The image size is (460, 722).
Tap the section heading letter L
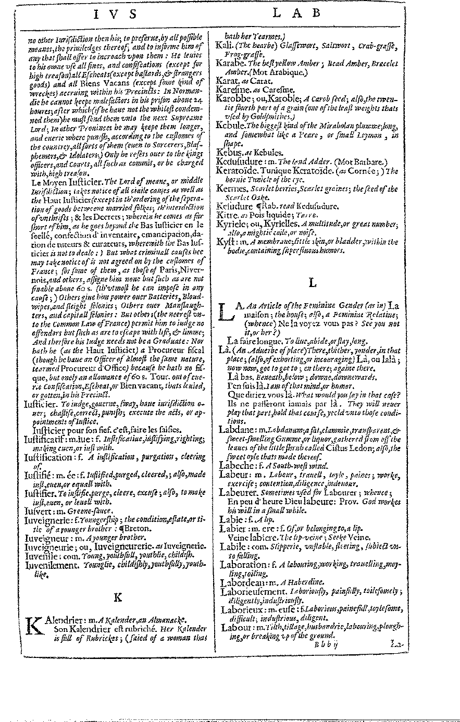[x=313, y=282]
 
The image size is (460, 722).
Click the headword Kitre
[x=228, y=214]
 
